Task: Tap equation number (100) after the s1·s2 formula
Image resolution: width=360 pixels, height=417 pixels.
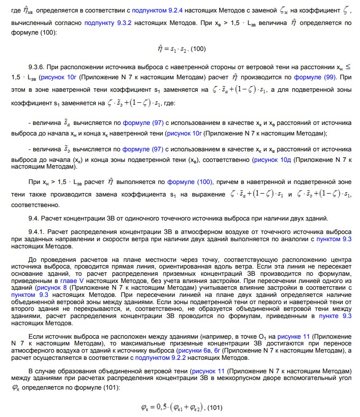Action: [x=198, y=49]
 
